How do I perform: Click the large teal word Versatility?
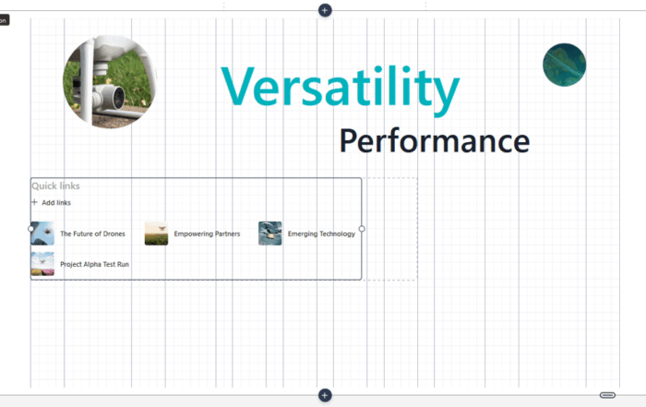click(x=340, y=88)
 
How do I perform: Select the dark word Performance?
click(x=434, y=141)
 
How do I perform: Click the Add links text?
click(x=56, y=202)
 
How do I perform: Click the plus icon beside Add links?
click(x=35, y=202)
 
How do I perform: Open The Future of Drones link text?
click(x=92, y=234)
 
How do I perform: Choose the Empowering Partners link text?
click(x=207, y=234)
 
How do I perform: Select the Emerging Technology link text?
click(x=321, y=234)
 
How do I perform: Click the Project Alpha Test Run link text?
click(x=94, y=264)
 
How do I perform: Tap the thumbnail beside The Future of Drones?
click(x=42, y=233)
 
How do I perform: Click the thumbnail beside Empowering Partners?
click(x=156, y=233)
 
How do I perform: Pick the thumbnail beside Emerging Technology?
click(x=270, y=233)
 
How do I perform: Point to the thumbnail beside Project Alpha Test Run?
click(x=42, y=264)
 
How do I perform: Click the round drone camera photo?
click(x=110, y=82)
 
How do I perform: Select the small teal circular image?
click(x=564, y=65)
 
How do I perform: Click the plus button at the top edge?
click(x=325, y=9)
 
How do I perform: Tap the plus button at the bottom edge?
click(x=325, y=395)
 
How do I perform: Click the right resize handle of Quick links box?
click(x=362, y=228)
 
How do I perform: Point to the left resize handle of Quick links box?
click(x=31, y=228)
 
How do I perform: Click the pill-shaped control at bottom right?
click(x=607, y=395)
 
